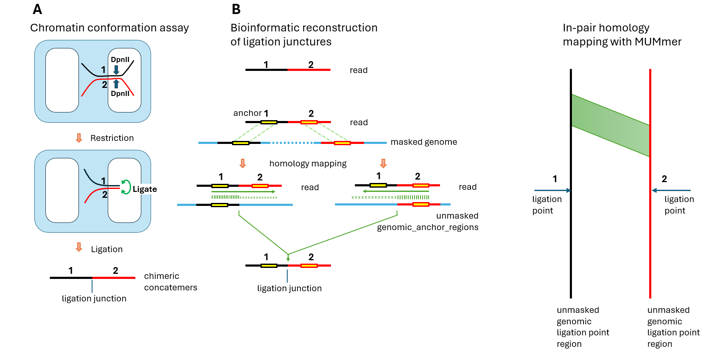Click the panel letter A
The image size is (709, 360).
37,9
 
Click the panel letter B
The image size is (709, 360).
236,9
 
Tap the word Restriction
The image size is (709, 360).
112,138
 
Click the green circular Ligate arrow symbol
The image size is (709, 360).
126,187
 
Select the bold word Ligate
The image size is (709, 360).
145,189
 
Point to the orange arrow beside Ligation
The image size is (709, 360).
79,247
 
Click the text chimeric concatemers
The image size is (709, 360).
171,281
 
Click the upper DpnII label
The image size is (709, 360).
120,59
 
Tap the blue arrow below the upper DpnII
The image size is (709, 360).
116,70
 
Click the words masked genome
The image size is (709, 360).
423,142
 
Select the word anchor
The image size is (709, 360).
247,113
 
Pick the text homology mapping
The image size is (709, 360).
308,163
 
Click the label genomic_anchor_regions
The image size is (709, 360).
427,227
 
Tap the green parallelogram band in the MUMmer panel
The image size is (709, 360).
610,125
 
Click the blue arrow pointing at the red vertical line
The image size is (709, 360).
671,190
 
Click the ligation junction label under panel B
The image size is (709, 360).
289,288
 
